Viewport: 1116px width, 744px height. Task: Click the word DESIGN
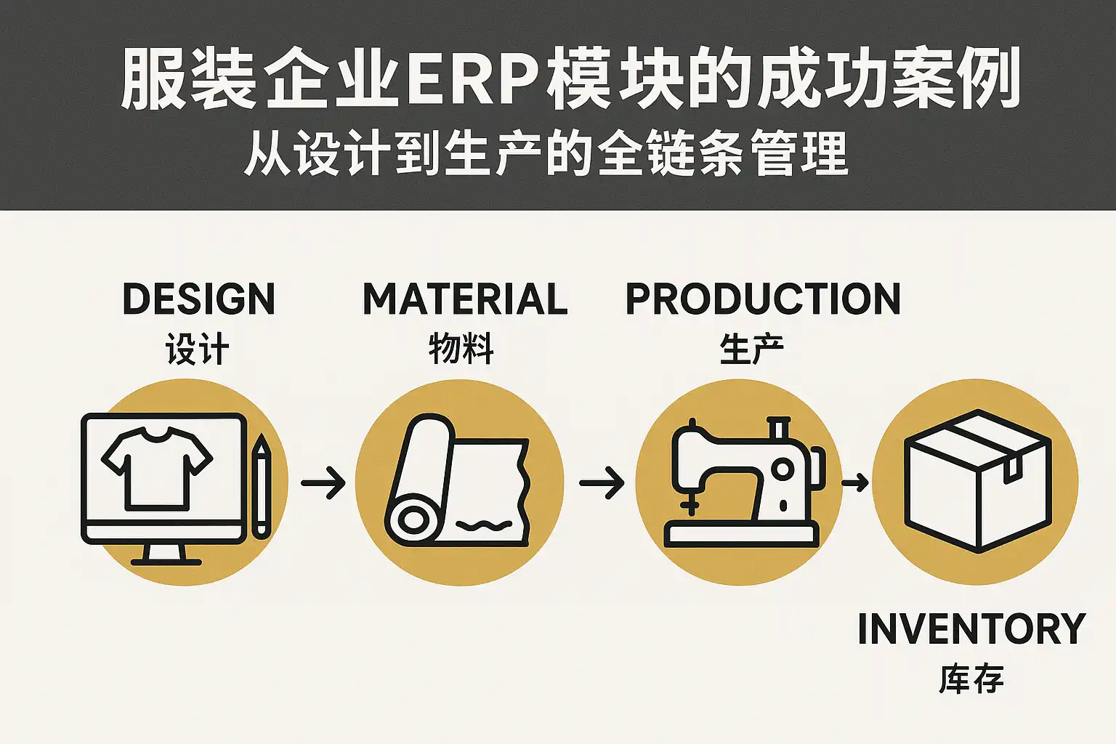(198, 299)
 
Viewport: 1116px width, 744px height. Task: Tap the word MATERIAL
(465, 299)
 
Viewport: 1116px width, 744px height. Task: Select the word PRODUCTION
(763, 299)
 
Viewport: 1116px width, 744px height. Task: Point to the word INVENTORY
(971, 629)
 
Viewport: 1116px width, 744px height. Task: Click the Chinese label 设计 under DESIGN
(198, 349)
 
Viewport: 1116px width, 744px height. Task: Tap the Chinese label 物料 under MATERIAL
(461, 349)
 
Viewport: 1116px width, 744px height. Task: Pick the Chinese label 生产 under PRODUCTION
(751, 349)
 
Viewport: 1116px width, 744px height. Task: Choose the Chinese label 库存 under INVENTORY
(971, 679)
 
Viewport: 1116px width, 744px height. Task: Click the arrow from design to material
(323, 482)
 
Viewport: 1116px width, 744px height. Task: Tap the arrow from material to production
(602, 482)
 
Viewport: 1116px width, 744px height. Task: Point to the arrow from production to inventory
(855, 482)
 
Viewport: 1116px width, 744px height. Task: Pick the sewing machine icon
(741, 483)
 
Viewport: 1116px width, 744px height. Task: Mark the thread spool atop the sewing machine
(778, 428)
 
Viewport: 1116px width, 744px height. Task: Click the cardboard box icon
(977, 480)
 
